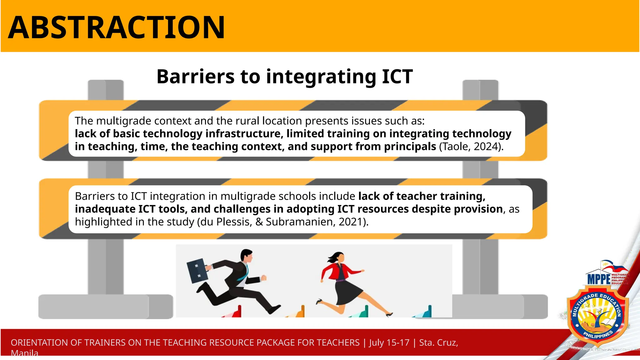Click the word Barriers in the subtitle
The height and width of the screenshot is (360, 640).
click(x=196, y=77)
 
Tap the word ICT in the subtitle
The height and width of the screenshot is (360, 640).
click(x=397, y=77)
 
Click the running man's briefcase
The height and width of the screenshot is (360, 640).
click(x=197, y=270)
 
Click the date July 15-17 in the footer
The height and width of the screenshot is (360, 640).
click(x=389, y=342)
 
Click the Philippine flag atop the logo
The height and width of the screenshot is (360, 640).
click(x=612, y=266)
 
